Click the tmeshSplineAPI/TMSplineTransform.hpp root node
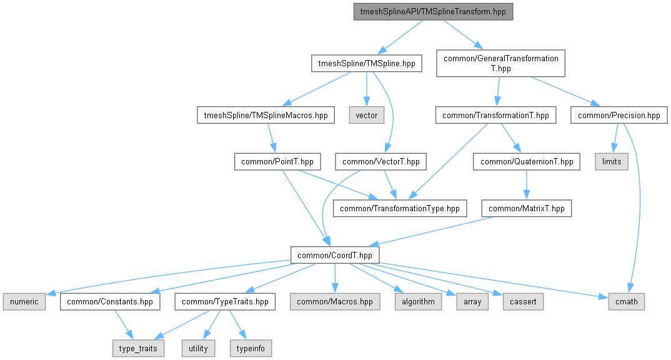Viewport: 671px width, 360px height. pos(432,12)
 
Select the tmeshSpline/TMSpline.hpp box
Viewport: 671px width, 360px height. pos(367,64)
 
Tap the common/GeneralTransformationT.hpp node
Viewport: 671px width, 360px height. pos(500,63)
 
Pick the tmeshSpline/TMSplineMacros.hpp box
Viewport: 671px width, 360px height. pos(262,115)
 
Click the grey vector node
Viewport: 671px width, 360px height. pos(366,115)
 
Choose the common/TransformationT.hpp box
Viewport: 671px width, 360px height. pos(495,115)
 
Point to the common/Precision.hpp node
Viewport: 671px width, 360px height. pos(619,115)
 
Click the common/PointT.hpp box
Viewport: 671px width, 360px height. pos(277,162)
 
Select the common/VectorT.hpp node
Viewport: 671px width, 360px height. pos(381,162)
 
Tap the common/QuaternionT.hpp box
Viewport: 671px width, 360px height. pos(526,162)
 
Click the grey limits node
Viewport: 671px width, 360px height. pos(612,162)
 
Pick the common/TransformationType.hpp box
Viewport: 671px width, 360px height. pos(400,209)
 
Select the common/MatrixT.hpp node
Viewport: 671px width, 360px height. pos(526,209)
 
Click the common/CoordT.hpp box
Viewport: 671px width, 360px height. pos(335,255)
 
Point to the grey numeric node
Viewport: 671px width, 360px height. pos(24,302)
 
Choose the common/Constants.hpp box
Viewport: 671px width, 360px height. pos(110,302)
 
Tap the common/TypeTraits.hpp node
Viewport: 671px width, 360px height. pos(225,302)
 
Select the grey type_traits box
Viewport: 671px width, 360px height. pos(139,348)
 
